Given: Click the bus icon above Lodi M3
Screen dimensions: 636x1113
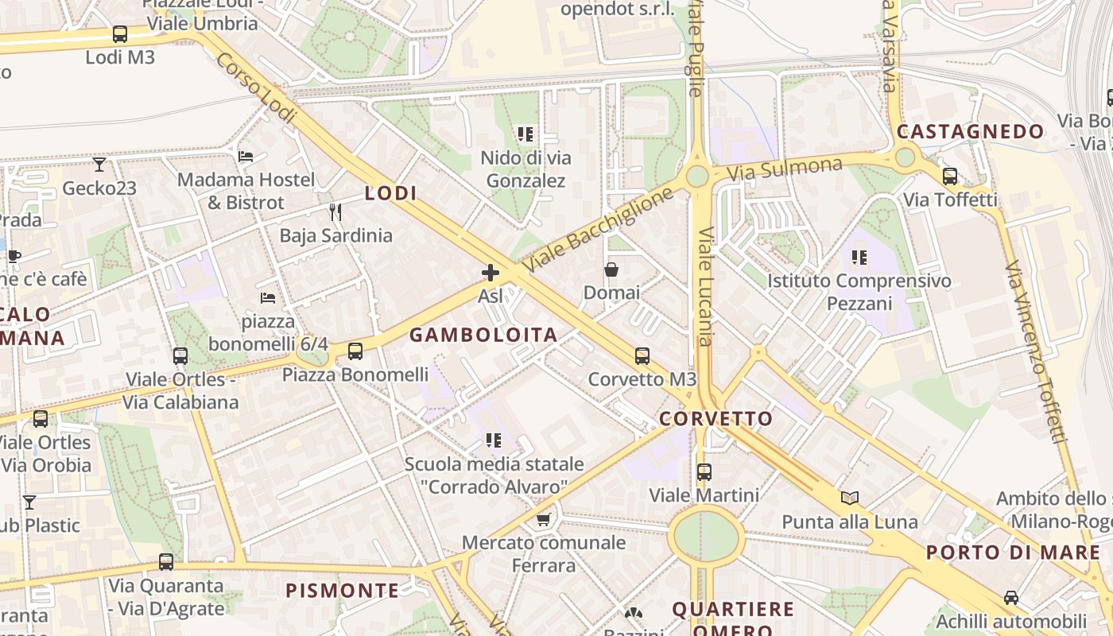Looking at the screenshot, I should pos(120,34).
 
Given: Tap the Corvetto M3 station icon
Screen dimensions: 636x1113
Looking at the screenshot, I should pos(642,356).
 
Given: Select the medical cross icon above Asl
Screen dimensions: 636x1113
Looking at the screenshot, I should pos(491,273).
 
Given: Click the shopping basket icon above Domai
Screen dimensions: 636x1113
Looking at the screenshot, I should pos(611,270).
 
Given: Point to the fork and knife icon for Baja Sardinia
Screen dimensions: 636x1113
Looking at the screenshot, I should pos(335,212).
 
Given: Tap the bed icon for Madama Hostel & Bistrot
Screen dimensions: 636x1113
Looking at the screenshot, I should pos(246,157).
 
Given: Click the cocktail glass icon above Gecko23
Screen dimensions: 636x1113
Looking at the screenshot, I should pos(99,165).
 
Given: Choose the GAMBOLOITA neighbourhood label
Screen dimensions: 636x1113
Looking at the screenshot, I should pos(483,335).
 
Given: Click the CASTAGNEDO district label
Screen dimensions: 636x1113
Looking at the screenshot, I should pos(971,132).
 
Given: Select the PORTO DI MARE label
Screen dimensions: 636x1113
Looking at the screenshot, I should pos(1014,553).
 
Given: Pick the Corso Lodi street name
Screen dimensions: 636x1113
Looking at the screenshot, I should pos(256,88).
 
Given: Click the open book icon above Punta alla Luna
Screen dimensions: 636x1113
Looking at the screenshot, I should pos(850,498).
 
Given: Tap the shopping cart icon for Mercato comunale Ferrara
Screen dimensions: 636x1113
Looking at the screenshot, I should pos(544,520).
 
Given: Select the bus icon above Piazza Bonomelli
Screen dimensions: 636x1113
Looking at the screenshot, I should pos(355,351).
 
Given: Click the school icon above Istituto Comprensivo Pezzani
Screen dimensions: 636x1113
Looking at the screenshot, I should pos(859,258).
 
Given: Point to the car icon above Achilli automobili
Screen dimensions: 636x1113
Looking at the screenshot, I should pos(1011,598).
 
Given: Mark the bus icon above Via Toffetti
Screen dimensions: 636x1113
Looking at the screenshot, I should pos(950,176).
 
